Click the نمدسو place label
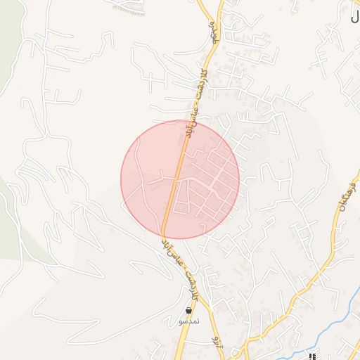188,321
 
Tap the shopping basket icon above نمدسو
188,310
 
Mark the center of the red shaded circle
180,180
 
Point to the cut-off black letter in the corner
354,17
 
